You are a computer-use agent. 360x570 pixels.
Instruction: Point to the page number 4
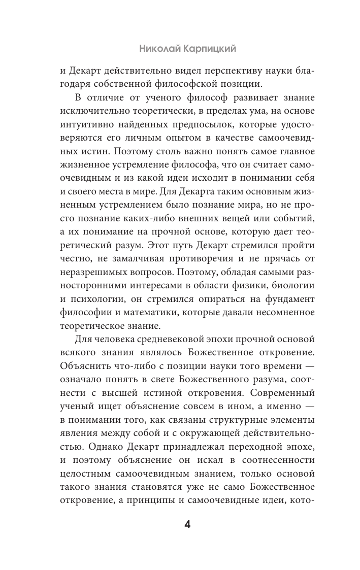point(187,524)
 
